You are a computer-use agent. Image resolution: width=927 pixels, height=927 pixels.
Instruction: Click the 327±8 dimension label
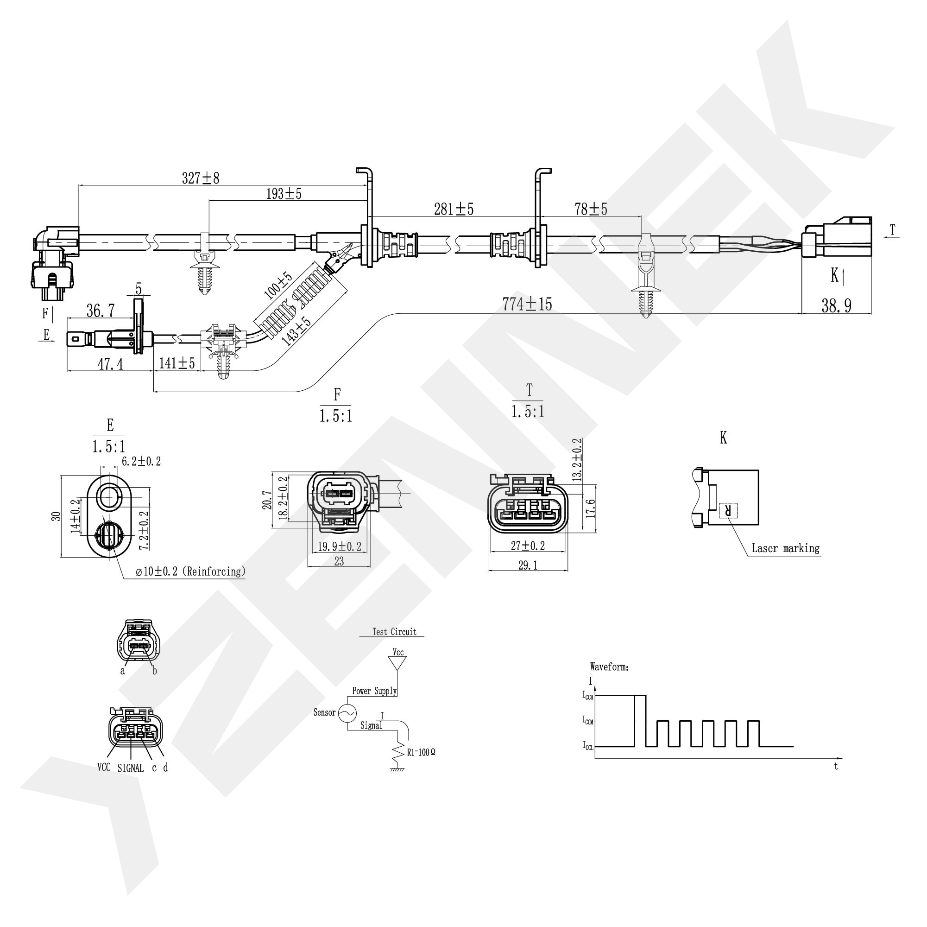click(201, 178)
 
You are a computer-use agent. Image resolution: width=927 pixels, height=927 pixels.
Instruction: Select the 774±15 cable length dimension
click(527, 304)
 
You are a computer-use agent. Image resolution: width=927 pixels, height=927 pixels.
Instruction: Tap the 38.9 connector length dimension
click(836, 305)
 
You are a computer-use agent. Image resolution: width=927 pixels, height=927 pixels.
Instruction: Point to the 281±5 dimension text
click(454, 210)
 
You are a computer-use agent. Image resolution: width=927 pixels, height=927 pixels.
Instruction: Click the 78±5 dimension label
click(591, 210)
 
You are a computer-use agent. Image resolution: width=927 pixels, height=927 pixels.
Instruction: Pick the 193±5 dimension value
click(284, 194)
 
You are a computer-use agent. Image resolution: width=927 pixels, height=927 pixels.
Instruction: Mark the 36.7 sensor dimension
click(100, 311)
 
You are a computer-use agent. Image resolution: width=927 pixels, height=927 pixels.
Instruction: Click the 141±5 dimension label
click(177, 363)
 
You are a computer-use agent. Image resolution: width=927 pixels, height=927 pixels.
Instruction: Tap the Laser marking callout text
click(785, 548)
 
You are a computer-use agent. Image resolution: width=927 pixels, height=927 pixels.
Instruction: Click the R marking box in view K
click(728, 510)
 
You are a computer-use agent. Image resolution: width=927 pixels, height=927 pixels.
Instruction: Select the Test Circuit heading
click(394, 632)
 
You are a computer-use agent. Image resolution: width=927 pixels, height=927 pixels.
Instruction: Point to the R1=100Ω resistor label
click(421, 752)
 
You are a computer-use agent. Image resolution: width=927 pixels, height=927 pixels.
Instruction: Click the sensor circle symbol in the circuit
click(347, 713)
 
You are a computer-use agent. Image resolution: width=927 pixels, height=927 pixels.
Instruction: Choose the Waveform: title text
click(609, 667)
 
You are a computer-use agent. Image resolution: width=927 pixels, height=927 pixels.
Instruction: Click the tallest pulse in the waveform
click(640, 720)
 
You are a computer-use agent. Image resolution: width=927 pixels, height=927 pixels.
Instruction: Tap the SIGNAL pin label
click(131, 768)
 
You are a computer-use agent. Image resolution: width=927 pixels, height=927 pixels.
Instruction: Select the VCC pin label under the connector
click(104, 767)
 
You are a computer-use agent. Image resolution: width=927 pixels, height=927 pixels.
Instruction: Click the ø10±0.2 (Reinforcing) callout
click(190, 571)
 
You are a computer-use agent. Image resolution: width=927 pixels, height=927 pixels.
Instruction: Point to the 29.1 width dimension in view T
click(527, 565)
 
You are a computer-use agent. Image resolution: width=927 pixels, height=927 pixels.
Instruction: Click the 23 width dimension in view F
click(339, 561)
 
